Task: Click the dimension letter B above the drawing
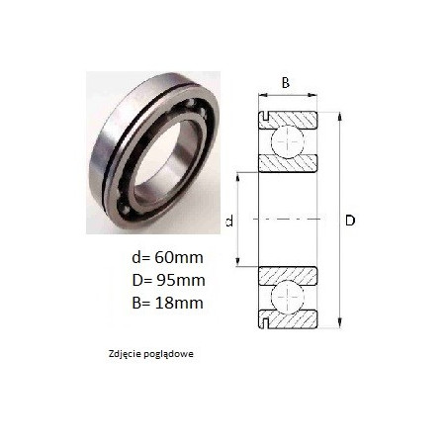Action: (286, 83)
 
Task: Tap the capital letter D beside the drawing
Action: (350, 221)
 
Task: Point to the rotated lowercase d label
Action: (229, 221)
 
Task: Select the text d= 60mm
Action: (167, 257)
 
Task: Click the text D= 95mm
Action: (168, 280)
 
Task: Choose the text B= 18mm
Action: (167, 303)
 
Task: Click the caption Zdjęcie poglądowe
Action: (151, 354)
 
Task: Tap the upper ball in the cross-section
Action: (288, 141)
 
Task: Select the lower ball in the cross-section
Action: (288, 296)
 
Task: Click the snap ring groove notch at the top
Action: (265, 116)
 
